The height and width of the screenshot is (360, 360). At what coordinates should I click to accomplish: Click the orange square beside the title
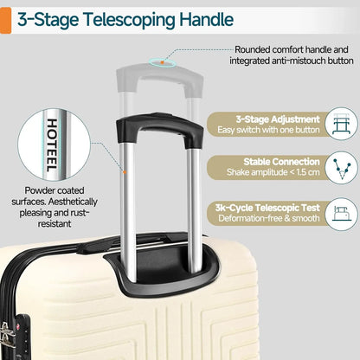(5, 21)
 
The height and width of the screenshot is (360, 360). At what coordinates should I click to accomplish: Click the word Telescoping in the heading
(129, 20)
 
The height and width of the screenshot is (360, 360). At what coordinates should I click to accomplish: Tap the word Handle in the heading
(206, 19)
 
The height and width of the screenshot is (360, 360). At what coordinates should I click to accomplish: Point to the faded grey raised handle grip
(159, 75)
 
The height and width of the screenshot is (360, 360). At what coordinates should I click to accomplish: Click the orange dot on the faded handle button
(163, 62)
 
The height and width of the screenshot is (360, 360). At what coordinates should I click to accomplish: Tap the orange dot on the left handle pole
(125, 172)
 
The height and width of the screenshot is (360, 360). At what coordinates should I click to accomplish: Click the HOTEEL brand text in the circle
(52, 145)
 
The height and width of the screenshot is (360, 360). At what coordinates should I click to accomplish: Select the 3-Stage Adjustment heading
(278, 119)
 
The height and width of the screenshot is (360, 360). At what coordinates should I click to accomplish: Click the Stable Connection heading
(281, 162)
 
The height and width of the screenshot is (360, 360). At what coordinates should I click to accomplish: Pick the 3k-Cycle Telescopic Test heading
(267, 208)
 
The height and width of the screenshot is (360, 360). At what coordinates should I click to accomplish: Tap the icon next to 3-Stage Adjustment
(342, 124)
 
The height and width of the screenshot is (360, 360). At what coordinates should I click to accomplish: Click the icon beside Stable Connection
(342, 168)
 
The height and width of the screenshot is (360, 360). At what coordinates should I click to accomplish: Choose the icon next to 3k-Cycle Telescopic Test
(342, 214)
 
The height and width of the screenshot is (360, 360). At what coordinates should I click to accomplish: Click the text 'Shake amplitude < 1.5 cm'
(273, 172)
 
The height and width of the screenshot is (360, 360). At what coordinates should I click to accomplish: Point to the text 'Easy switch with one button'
(268, 130)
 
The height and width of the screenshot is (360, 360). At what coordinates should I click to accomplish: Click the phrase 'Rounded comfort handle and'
(292, 49)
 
